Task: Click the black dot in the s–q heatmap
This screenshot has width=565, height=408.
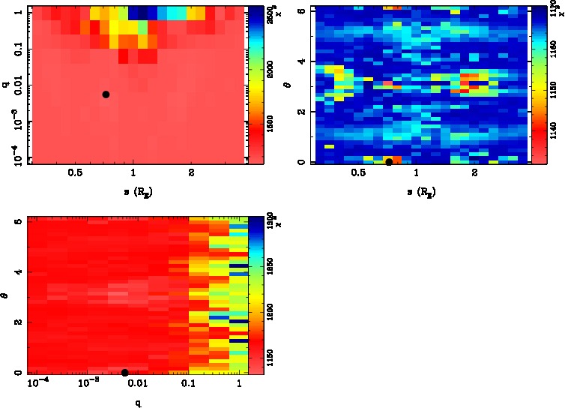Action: [x=106, y=94]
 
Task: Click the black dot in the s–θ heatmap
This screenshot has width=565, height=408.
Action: [x=389, y=162]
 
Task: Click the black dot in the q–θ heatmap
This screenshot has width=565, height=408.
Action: [x=125, y=373]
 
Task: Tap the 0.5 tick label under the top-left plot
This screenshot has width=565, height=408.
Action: [x=75, y=172]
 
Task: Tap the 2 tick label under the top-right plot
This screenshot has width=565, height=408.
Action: [x=474, y=172]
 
